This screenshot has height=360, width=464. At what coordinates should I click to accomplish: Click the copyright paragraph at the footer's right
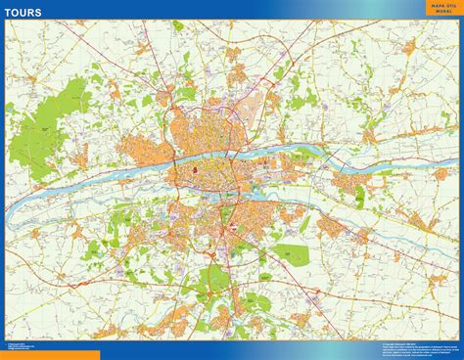click(x=412, y=348)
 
